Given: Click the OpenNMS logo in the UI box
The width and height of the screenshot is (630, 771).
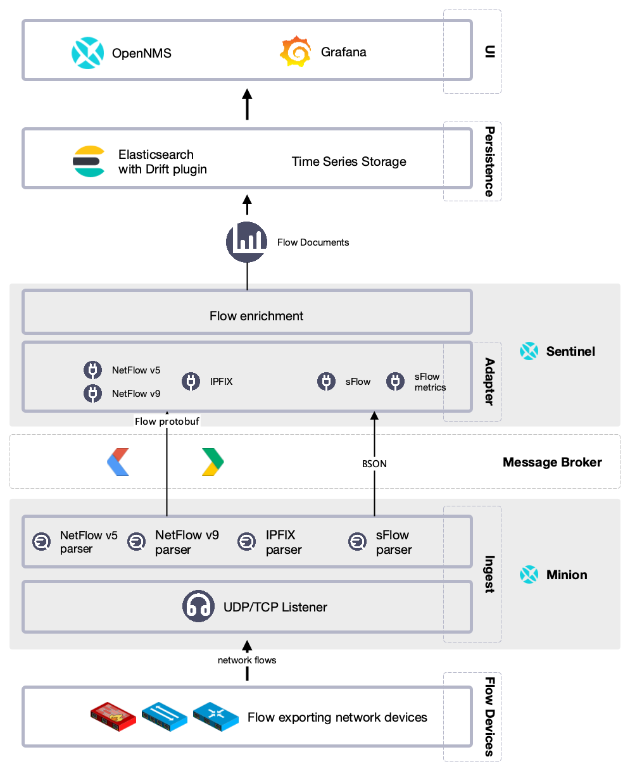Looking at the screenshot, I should click(x=87, y=53).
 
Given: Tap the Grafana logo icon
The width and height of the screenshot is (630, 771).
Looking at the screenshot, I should click(x=296, y=52).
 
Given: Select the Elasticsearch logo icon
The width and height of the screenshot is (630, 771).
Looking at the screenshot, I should click(x=89, y=161).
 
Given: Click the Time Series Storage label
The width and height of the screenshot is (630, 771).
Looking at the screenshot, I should click(x=349, y=161).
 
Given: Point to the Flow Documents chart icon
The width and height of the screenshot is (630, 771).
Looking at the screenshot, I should click(x=247, y=242).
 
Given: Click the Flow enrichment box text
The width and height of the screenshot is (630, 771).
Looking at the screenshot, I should click(x=256, y=316).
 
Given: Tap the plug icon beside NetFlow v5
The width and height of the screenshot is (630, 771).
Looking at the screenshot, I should click(x=93, y=370).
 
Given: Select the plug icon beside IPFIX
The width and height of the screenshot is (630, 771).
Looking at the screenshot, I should click(x=191, y=381).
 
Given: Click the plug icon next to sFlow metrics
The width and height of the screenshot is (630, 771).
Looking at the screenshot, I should click(x=396, y=381).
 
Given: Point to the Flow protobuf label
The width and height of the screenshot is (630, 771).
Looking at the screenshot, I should click(x=168, y=421).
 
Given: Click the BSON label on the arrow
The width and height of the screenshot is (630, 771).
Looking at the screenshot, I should click(x=374, y=463).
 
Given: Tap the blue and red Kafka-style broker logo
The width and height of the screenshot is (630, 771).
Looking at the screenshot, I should click(x=118, y=462).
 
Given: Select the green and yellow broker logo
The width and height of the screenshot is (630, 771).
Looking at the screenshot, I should click(x=212, y=462).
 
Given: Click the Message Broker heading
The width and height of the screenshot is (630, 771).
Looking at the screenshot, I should click(x=551, y=462).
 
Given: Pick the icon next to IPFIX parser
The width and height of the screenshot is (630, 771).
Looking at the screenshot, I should click(x=246, y=542).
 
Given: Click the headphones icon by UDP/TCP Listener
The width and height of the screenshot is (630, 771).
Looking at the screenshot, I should click(x=198, y=606).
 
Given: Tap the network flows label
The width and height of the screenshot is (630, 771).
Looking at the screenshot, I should click(x=247, y=660).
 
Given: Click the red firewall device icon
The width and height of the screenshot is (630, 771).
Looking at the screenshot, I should click(x=113, y=716).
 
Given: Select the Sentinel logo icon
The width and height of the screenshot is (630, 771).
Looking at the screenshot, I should click(x=529, y=351).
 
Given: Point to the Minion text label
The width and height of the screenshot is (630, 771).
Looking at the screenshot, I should click(x=566, y=575).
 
